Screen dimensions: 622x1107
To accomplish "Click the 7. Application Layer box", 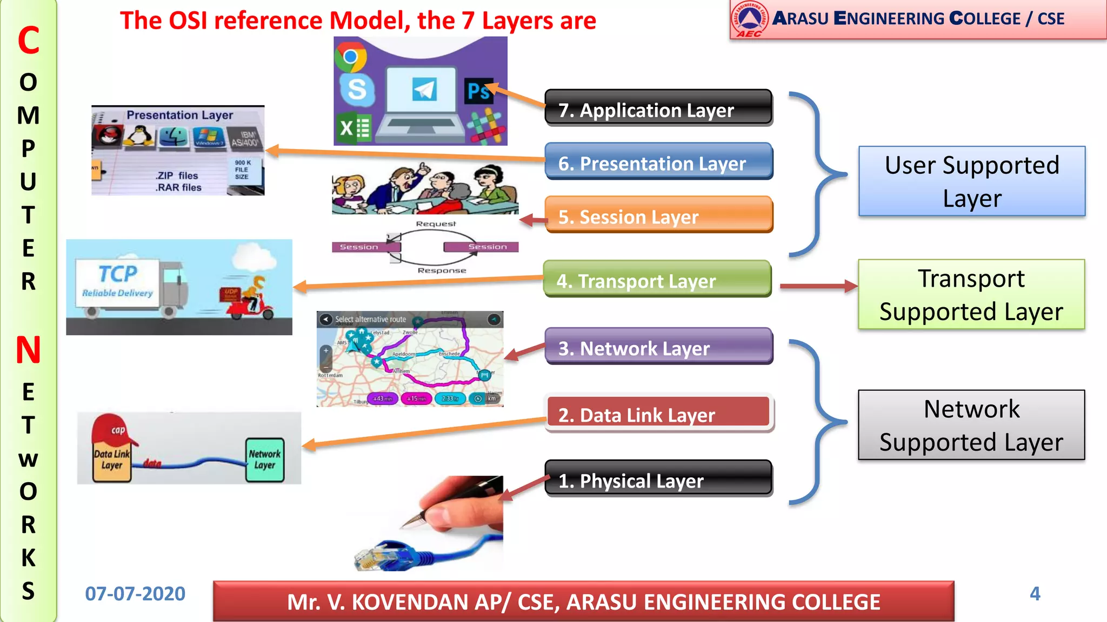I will click(658, 108).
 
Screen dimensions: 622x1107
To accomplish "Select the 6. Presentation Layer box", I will click(658, 161).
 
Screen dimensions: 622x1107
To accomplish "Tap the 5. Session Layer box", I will click(658, 215).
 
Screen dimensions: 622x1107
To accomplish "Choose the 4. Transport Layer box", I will click(657, 279).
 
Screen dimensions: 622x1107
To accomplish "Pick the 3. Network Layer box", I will click(658, 347).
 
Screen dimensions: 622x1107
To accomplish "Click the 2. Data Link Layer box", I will click(658, 414).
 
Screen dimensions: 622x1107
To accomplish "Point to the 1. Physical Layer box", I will click(658, 479).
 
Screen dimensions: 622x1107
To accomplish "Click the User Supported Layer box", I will click(971, 181).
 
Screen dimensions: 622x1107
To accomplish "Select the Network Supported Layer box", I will click(971, 425).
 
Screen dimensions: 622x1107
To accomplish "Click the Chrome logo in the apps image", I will click(351, 57).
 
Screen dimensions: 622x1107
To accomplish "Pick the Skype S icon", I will click(357, 89).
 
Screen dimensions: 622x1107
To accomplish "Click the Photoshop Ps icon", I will click(478, 91).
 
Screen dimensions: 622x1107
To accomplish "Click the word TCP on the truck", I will click(118, 274).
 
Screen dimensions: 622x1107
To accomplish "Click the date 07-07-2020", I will click(135, 594).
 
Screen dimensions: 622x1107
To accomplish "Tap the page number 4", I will click(1035, 594).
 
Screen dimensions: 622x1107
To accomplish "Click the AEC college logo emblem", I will click(749, 18).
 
